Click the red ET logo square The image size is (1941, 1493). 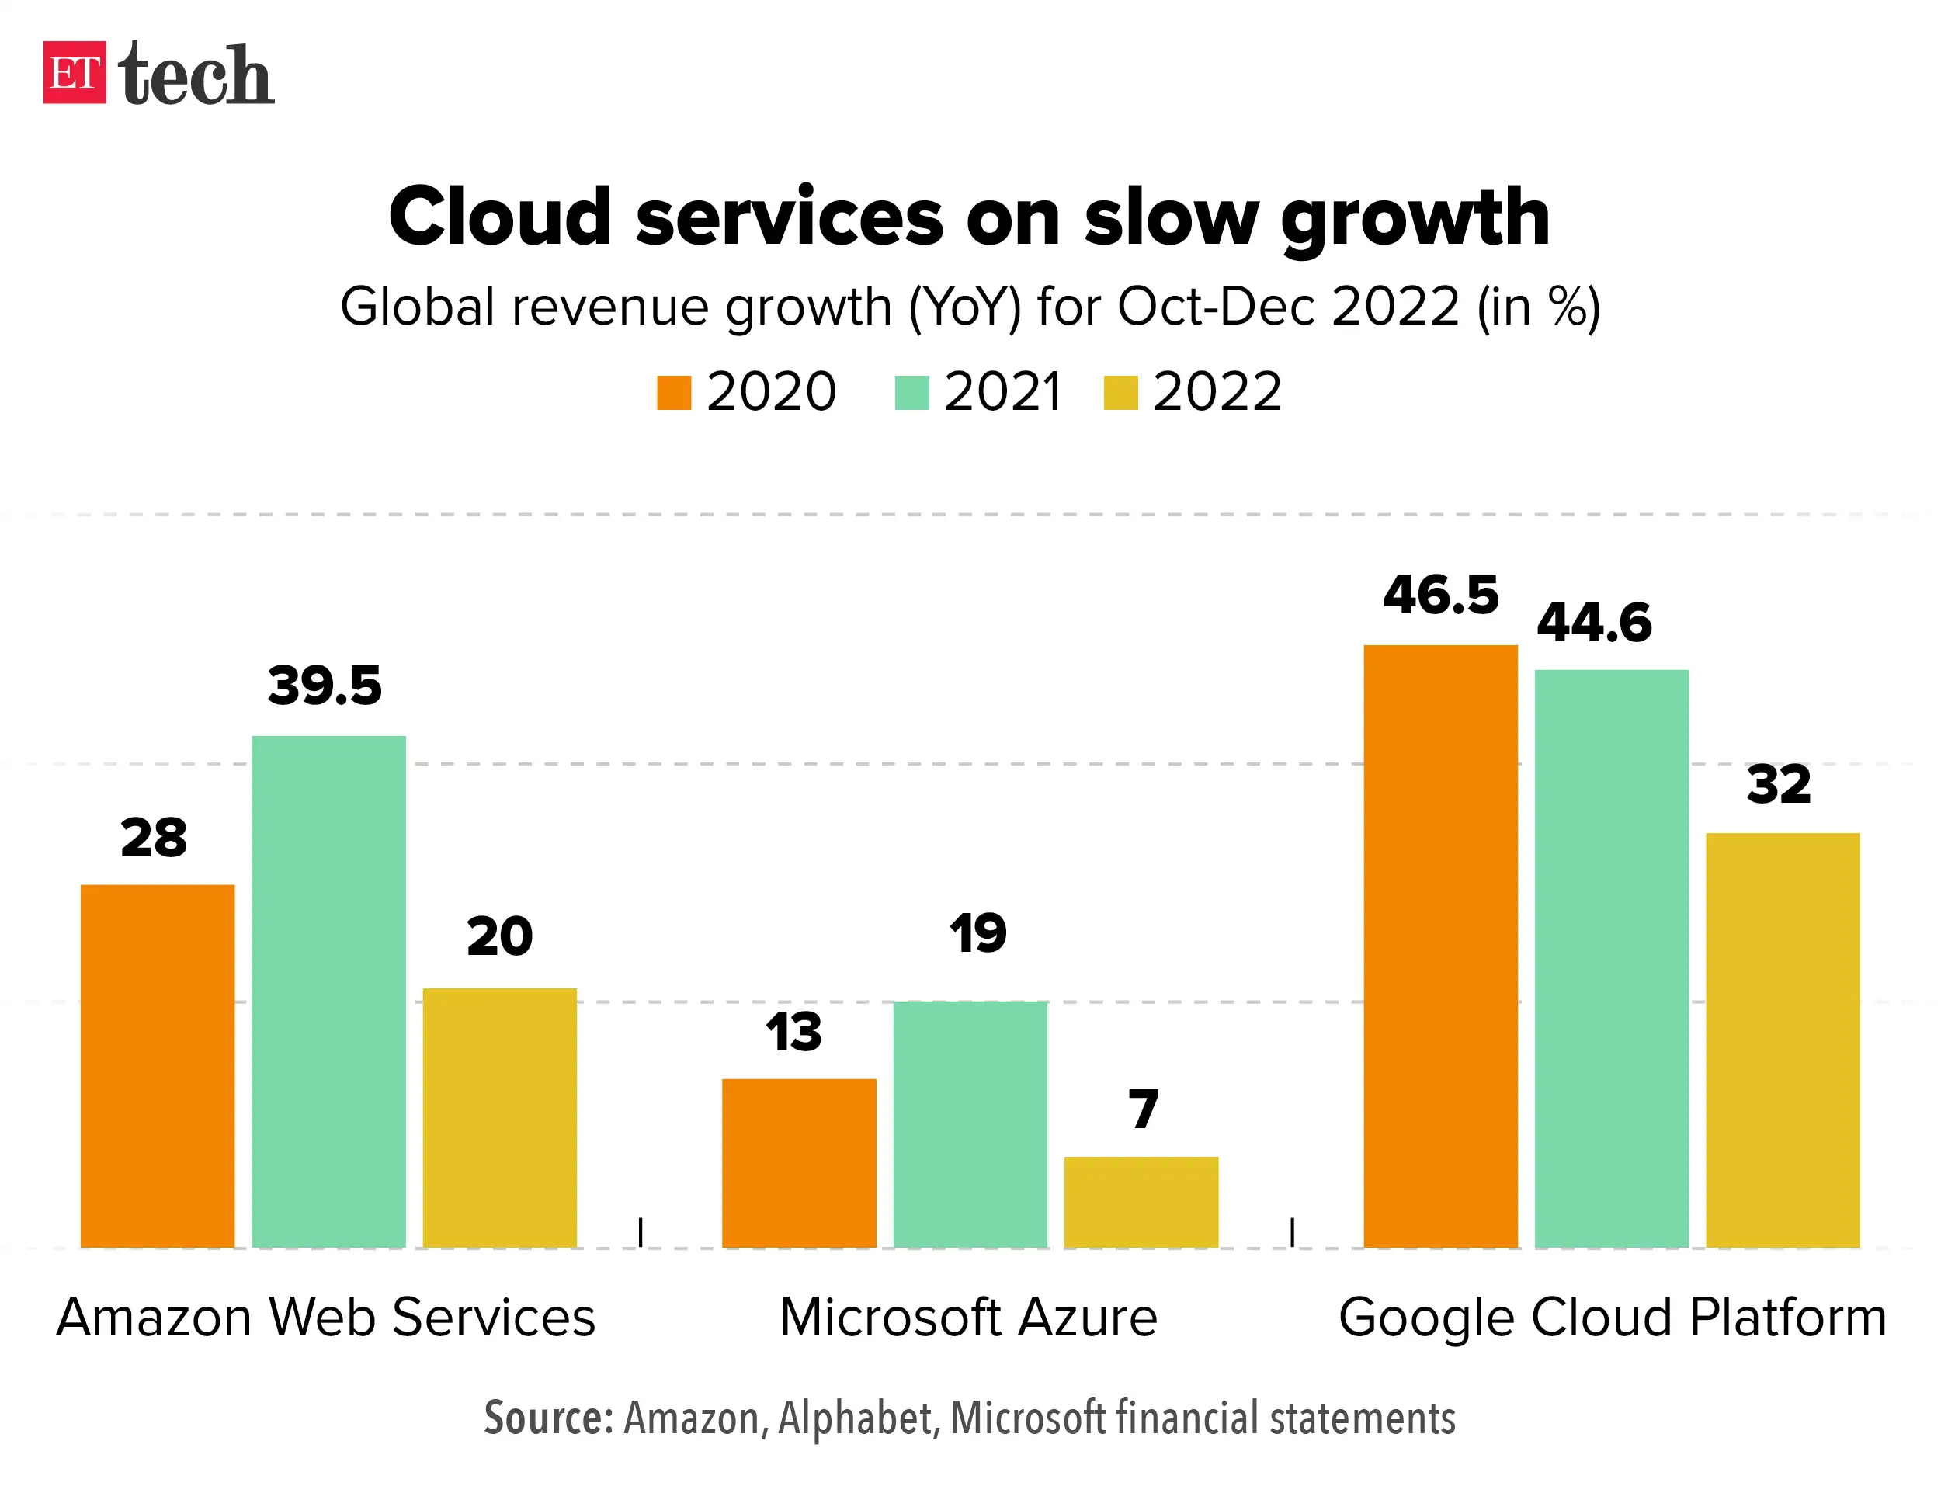pos(75,73)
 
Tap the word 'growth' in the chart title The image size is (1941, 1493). pos(1415,219)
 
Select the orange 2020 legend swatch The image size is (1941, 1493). pos(674,393)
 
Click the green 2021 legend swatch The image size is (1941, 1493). pos(911,393)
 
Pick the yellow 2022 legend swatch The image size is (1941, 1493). pos(1120,393)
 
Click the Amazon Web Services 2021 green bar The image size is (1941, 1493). pos(329,991)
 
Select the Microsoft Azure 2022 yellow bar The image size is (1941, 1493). pos(1141,1202)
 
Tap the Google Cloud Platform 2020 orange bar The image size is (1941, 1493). pos(1441,946)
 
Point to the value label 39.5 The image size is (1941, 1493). pos(325,686)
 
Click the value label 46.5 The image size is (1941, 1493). pos(1441,595)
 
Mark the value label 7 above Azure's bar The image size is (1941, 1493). pos(1144,1109)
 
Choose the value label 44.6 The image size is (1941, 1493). pos(1595,623)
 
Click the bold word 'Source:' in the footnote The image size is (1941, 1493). pos(548,1418)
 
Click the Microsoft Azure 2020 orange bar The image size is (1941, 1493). pos(799,1162)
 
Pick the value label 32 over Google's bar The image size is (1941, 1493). pos(1779,785)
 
